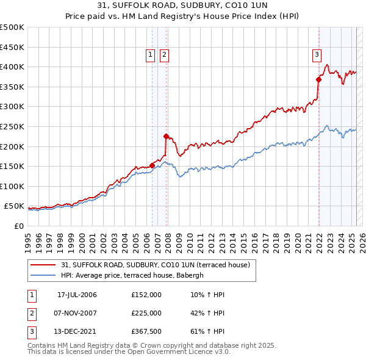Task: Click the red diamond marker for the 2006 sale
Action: (152, 165)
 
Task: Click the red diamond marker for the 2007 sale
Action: (166, 136)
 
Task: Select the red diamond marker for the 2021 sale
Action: (318, 79)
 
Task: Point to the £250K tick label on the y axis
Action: (12, 126)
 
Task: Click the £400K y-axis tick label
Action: (12, 67)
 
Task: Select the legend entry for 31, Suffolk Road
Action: (156, 265)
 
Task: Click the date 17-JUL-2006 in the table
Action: (77, 295)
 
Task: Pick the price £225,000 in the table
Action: (146, 313)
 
